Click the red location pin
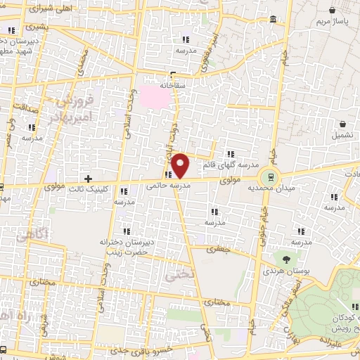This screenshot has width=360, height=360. (181, 164)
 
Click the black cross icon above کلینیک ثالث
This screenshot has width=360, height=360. (88, 177)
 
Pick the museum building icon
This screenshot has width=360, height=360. (272, 20)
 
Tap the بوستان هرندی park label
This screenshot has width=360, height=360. (285, 269)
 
